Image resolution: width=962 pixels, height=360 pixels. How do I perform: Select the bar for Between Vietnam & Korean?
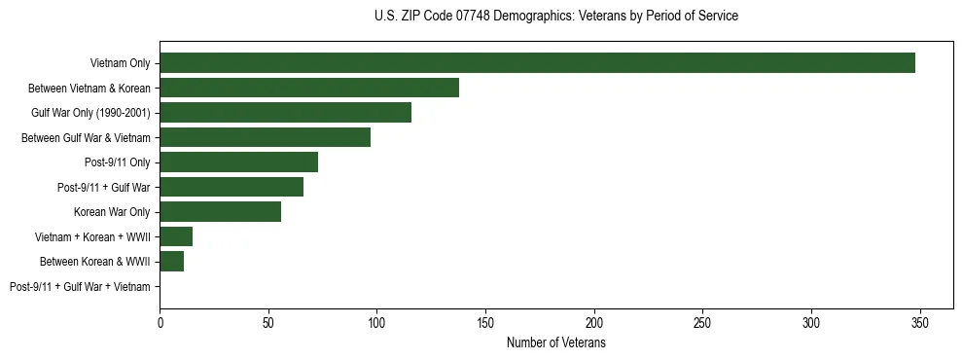click(x=309, y=88)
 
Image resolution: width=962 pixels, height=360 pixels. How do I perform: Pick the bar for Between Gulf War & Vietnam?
click(x=265, y=137)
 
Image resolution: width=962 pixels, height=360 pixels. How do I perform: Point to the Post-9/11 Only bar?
click(x=238, y=162)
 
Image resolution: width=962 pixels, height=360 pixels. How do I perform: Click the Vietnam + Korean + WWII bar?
click(x=176, y=236)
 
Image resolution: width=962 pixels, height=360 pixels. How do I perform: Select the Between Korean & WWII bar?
click(x=171, y=262)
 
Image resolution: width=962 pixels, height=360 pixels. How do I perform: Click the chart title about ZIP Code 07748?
click(x=555, y=17)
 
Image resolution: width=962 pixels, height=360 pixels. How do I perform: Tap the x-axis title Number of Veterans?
click(x=555, y=343)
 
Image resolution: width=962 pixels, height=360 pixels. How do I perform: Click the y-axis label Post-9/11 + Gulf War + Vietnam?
click(x=80, y=286)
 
